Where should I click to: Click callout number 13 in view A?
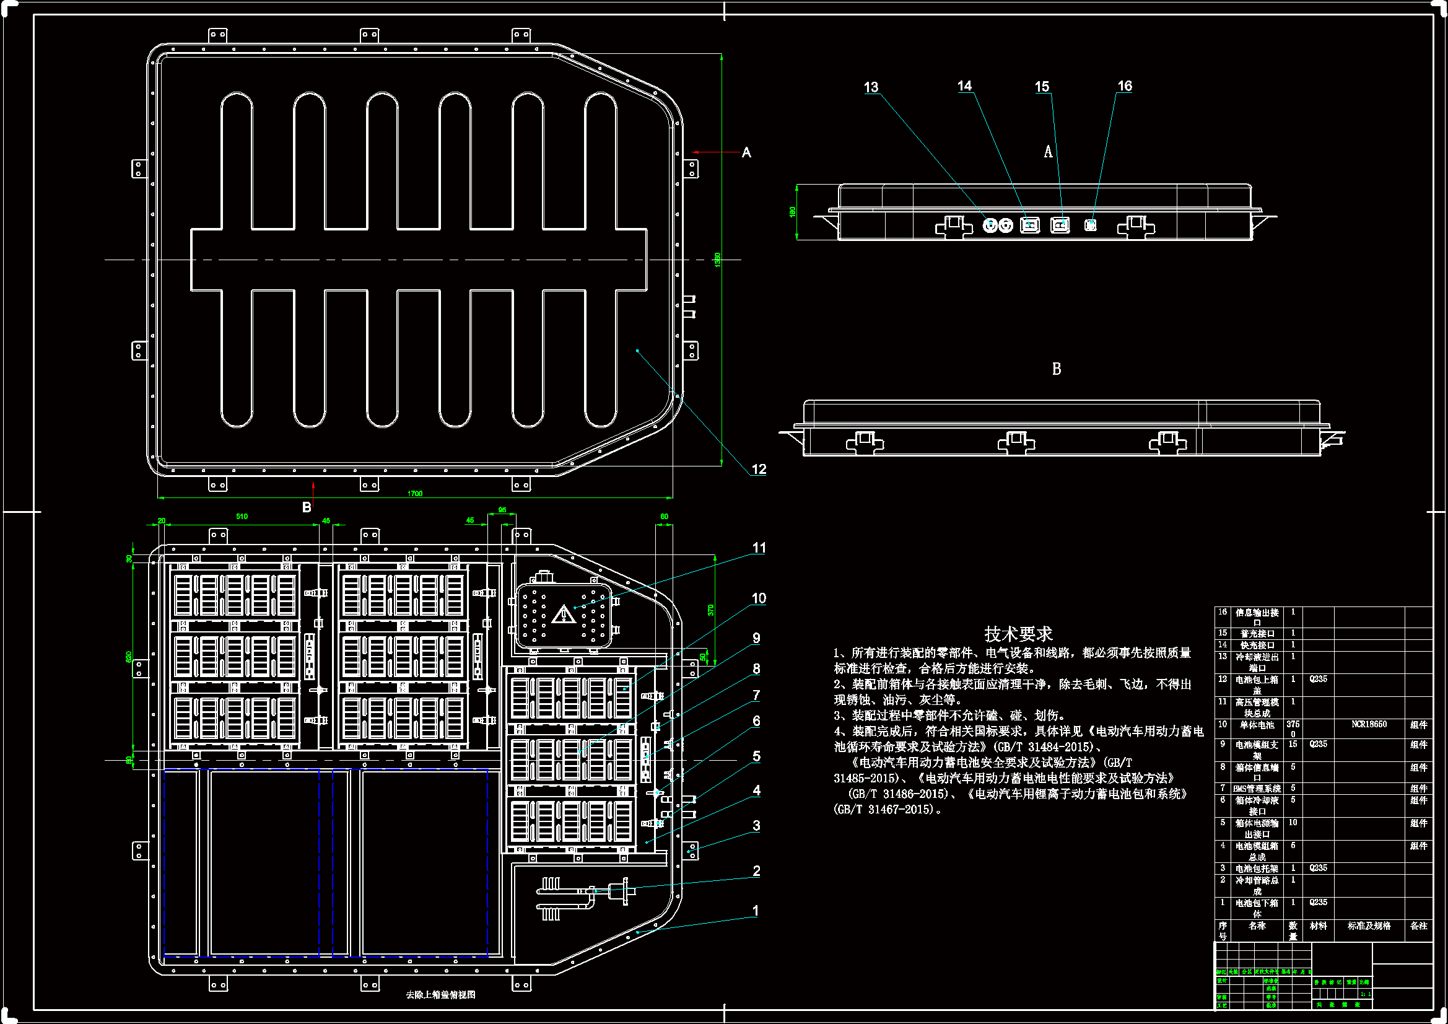pyautogui.click(x=871, y=87)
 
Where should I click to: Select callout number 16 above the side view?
pyautogui.click(x=1125, y=86)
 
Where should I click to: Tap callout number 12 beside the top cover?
pyautogui.click(x=759, y=469)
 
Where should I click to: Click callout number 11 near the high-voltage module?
pyautogui.click(x=759, y=548)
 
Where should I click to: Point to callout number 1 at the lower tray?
pyautogui.click(x=756, y=911)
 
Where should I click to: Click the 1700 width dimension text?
pyautogui.click(x=415, y=493)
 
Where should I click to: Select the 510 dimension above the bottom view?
pyautogui.click(x=242, y=516)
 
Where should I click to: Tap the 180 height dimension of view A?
pyautogui.click(x=793, y=211)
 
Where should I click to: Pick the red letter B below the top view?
pyautogui.click(x=307, y=507)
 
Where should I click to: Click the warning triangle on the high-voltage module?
pyautogui.click(x=562, y=615)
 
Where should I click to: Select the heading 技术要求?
pyautogui.click(x=1018, y=633)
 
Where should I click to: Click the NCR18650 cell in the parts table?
pyautogui.click(x=1369, y=724)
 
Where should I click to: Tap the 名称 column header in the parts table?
pyautogui.click(x=1256, y=926)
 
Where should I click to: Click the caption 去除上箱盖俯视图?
pyautogui.click(x=440, y=995)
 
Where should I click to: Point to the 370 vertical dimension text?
pyautogui.click(x=711, y=610)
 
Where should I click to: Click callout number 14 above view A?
pyautogui.click(x=964, y=86)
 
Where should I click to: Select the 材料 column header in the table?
pyautogui.click(x=1318, y=926)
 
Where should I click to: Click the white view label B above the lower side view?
pyautogui.click(x=1057, y=369)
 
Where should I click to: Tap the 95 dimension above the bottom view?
pyautogui.click(x=502, y=510)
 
